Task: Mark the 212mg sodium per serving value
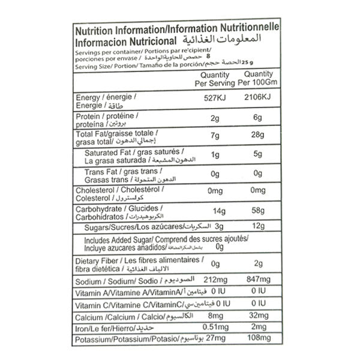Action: tap(217, 280)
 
